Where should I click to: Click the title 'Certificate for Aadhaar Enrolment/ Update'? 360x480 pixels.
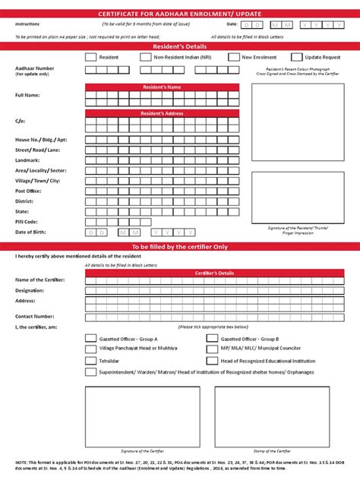click(x=180, y=14)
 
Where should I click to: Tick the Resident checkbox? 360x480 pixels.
click(x=90, y=57)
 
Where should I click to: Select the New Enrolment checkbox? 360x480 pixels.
click(x=233, y=57)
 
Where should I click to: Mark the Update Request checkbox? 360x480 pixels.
click(x=296, y=57)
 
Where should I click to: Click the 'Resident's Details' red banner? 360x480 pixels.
click(x=180, y=46)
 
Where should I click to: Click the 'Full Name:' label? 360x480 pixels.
click(x=27, y=95)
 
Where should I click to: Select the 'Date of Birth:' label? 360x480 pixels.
click(x=31, y=232)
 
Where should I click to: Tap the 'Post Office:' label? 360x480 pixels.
click(x=29, y=191)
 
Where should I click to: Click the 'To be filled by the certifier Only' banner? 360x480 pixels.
click(x=180, y=247)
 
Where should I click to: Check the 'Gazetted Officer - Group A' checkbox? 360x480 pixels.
click(x=90, y=339)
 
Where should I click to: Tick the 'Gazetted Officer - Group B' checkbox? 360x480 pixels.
click(x=212, y=339)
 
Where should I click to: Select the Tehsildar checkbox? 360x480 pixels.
click(x=90, y=360)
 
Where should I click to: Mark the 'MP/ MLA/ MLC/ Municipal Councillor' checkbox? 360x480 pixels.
click(x=212, y=349)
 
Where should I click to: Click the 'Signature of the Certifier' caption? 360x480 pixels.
click(x=142, y=451)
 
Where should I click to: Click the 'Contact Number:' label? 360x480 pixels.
click(x=34, y=315)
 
